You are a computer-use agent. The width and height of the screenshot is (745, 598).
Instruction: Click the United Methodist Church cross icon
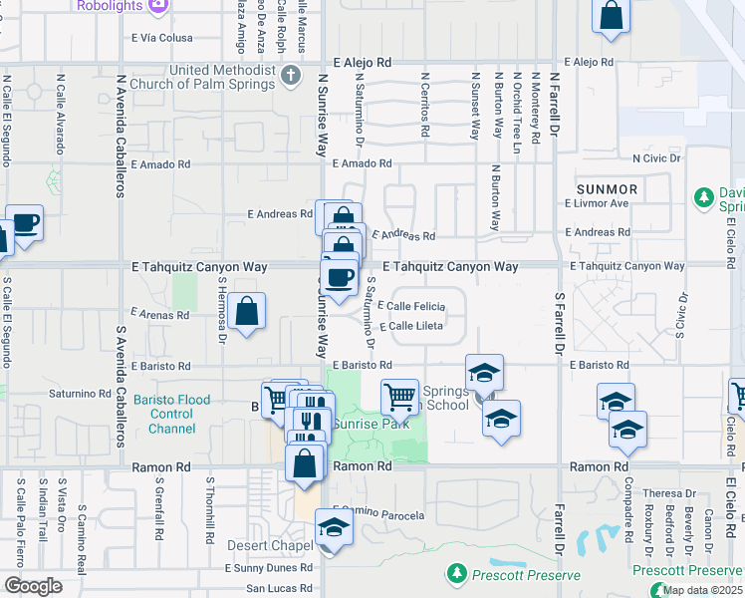[x=291, y=76]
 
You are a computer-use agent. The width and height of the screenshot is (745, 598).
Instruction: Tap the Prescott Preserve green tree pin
[x=456, y=574]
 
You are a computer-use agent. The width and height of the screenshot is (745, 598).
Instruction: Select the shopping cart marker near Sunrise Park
[x=399, y=396]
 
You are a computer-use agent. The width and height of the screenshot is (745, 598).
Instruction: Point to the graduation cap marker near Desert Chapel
[x=335, y=527]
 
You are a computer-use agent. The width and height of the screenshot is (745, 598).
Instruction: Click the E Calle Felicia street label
[x=411, y=305]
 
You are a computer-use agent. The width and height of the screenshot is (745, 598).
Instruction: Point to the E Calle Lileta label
[x=409, y=326]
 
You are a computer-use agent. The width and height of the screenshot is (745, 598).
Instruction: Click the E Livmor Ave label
[x=597, y=203]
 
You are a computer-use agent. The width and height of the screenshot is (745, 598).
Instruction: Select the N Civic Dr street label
[x=656, y=157]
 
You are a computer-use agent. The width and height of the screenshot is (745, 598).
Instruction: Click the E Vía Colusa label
[x=161, y=38]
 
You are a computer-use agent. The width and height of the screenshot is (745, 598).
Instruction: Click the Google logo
[x=33, y=586]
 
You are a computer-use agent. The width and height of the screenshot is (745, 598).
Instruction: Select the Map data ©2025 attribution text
[x=701, y=590]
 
